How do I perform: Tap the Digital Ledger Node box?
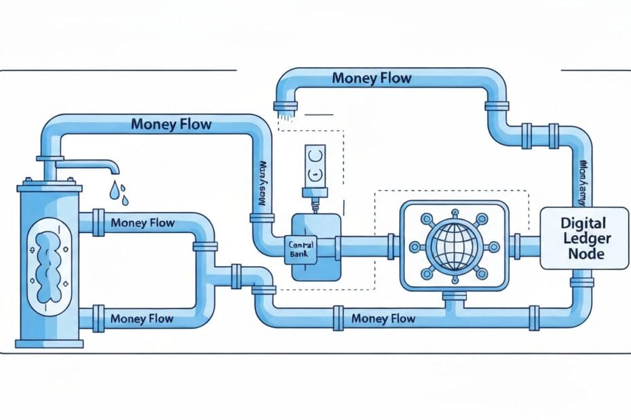click(584, 238)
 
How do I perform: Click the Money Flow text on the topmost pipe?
click(371, 78)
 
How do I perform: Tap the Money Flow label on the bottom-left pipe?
click(142, 318)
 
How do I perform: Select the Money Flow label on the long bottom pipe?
click(383, 318)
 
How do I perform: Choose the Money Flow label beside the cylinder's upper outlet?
click(142, 222)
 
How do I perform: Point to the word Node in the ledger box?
click(584, 255)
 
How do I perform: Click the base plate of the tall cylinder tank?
click(49, 343)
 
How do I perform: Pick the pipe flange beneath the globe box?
click(455, 296)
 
